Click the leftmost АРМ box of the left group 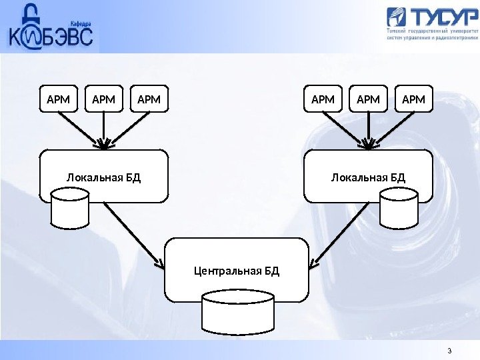(58, 99)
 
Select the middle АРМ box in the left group (103, 99)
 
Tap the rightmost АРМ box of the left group (149, 99)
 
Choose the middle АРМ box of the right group (368, 99)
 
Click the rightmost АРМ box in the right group (414, 99)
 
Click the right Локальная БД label (368, 177)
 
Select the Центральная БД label (237, 271)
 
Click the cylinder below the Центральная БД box (237, 312)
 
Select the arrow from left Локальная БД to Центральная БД (133, 233)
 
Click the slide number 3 (449, 352)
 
